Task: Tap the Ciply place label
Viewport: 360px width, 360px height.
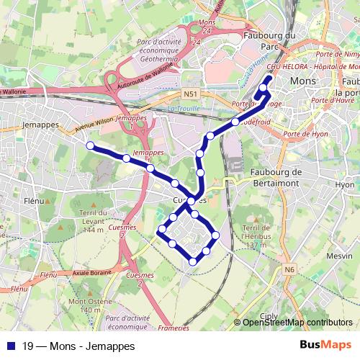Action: (x=268, y=315)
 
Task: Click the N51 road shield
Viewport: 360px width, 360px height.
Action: (x=190, y=94)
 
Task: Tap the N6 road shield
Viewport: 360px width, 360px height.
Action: (x=289, y=270)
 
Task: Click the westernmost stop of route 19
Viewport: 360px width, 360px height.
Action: (x=90, y=145)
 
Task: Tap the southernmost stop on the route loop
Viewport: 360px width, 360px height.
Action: (x=192, y=262)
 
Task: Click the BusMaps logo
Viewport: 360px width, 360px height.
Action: (x=325, y=345)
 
